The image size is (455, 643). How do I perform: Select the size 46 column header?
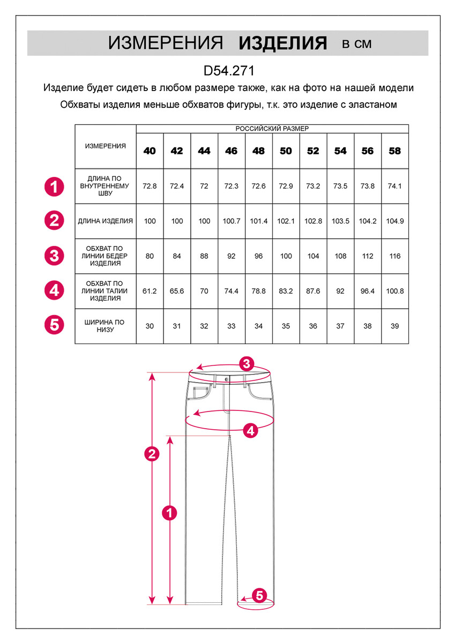(x=231, y=151)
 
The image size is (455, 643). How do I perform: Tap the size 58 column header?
(x=394, y=151)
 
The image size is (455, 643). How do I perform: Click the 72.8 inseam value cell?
(x=150, y=186)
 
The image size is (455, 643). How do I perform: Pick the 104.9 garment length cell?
(x=394, y=221)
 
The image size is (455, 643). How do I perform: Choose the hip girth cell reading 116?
(x=395, y=256)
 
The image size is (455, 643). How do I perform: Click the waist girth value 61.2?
(x=150, y=291)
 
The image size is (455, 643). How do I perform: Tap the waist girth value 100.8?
(x=394, y=291)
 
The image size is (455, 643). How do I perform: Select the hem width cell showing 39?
(x=395, y=326)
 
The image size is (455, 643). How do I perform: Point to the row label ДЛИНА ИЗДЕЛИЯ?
(x=106, y=221)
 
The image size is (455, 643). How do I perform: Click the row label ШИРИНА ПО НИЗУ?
(x=105, y=326)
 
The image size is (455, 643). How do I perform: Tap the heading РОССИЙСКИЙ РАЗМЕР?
(x=272, y=129)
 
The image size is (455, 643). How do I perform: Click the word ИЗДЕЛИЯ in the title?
(x=282, y=43)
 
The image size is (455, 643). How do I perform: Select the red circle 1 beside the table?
(x=54, y=186)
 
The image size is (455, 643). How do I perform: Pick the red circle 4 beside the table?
(x=54, y=291)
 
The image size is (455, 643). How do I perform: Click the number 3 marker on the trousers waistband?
(x=246, y=364)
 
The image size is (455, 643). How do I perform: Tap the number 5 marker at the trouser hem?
(x=259, y=595)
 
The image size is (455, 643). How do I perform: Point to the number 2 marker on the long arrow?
(x=152, y=454)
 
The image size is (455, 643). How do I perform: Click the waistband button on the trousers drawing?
(x=226, y=378)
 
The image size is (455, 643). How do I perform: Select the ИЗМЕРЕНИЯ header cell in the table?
(x=106, y=146)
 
